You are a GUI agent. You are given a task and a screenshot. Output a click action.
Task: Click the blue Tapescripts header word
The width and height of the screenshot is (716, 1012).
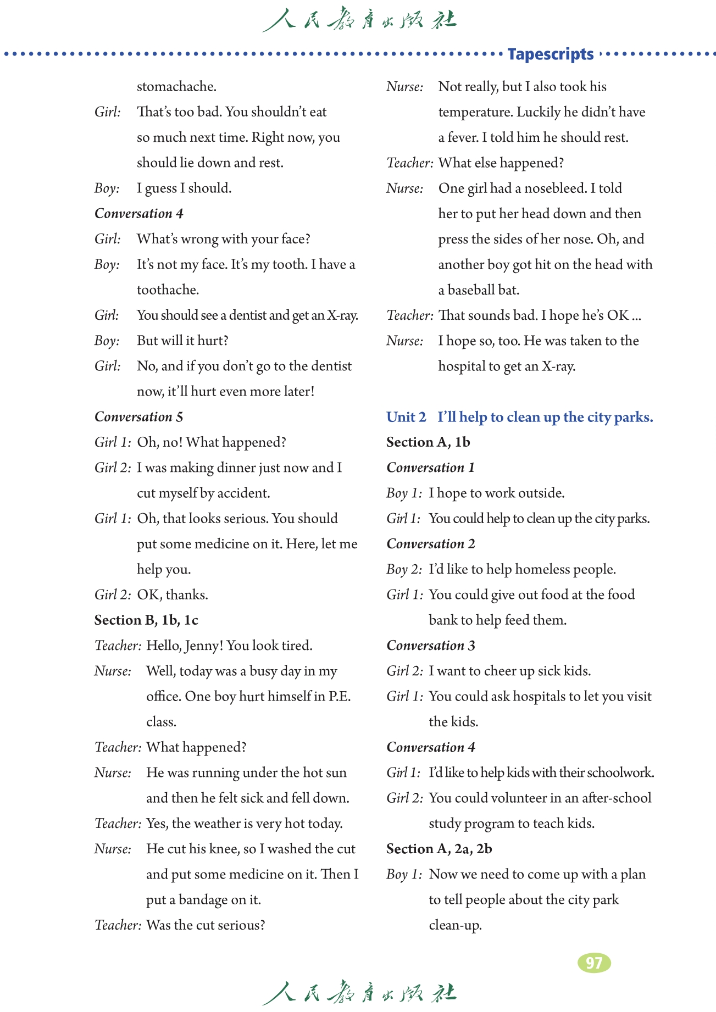click(550, 54)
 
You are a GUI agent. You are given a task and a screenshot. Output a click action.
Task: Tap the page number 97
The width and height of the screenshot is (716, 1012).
click(594, 963)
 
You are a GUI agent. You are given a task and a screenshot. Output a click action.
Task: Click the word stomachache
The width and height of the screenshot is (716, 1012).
click(176, 87)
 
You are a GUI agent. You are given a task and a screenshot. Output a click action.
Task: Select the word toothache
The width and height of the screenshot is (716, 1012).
click(168, 290)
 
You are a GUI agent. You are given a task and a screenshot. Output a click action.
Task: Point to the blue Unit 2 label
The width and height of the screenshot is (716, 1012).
click(406, 417)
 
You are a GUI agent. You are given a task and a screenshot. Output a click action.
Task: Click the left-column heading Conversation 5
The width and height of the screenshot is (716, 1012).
click(138, 417)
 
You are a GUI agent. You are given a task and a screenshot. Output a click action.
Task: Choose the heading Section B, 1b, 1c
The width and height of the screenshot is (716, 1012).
click(146, 620)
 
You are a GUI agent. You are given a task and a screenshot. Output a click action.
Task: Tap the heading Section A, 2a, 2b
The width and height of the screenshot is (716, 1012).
click(439, 849)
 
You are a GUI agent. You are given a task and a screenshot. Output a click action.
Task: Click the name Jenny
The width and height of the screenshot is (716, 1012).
click(203, 646)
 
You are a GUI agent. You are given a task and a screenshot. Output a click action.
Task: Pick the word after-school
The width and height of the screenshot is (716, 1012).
click(617, 798)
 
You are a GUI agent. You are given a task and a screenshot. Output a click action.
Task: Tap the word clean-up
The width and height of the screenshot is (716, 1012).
click(455, 925)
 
